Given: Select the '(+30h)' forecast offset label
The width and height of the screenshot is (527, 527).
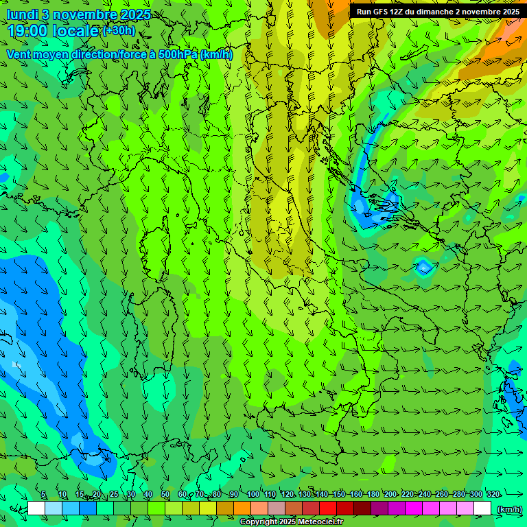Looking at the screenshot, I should pyautogui.click(x=119, y=30).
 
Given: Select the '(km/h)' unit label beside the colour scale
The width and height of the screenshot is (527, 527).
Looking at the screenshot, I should pyautogui.click(x=509, y=509).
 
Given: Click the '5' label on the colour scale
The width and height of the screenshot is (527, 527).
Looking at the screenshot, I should pyautogui.click(x=43, y=495).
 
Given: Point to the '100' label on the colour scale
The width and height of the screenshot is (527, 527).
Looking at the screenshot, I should pyautogui.click(x=253, y=495).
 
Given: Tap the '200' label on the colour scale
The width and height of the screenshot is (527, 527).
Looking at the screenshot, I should pyautogui.click(x=390, y=495).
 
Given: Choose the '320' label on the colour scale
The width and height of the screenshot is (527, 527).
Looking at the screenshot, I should pyautogui.click(x=493, y=495).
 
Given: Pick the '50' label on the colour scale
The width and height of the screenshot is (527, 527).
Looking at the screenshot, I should pyautogui.click(x=165, y=495).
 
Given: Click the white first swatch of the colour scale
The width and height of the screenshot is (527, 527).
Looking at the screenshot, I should pyautogui.click(x=36, y=508).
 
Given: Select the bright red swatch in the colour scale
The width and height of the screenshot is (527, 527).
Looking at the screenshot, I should pyautogui.click(x=328, y=508).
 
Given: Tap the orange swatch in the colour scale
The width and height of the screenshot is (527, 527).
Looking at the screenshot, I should pyautogui.click(x=242, y=508).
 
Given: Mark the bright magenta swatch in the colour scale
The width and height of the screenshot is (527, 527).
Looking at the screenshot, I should pyautogui.click(x=414, y=508).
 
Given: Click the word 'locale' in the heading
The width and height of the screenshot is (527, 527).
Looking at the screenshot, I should pyautogui.click(x=76, y=31).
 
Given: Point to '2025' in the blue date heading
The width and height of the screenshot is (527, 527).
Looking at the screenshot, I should pyautogui.click(x=135, y=15).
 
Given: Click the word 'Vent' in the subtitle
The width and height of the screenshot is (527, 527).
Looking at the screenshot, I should pyautogui.click(x=19, y=54).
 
